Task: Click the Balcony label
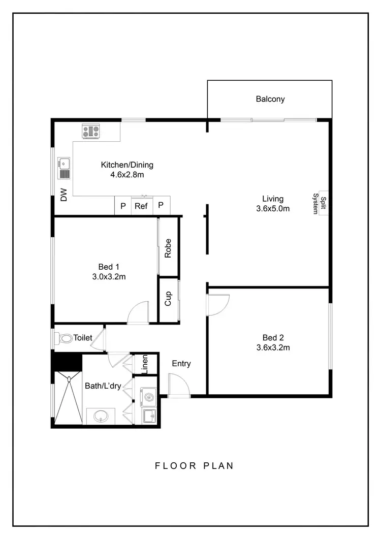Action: tap(270, 99)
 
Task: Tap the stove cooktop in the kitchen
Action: tap(91, 132)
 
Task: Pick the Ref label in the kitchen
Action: tap(141, 206)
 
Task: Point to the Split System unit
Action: tap(319, 204)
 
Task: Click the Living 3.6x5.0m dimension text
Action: tap(273, 208)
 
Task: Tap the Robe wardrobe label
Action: tap(168, 248)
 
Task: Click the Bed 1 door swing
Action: tap(139, 312)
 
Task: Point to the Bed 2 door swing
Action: tap(217, 305)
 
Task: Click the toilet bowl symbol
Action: tap(65, 338)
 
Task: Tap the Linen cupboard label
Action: tap(145, 364)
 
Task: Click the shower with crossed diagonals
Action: tap(68, 398)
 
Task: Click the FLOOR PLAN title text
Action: tap(195, 465)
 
